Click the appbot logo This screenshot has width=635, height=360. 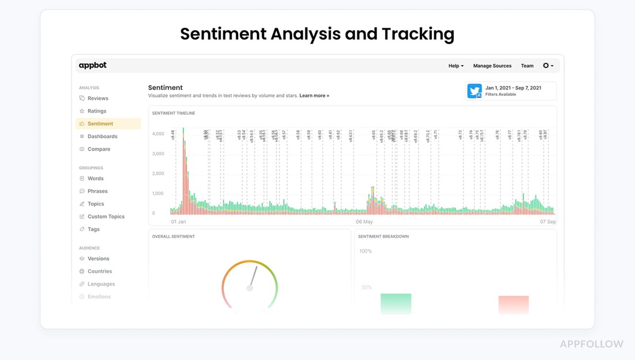[x=92, y=66]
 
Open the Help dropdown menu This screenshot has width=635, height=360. [x=455, y=66]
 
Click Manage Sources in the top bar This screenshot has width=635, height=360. [x=492, y=66]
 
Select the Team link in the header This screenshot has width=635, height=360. [x=527, y=66]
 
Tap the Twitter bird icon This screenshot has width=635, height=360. [x=475, y=91]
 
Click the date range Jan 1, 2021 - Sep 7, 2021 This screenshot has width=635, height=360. [x=513, y=88]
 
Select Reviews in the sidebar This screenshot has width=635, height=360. [x=98, y=98]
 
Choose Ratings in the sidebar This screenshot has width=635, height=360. [x=97, y=111]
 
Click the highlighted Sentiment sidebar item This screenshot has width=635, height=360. [x=100, y=123]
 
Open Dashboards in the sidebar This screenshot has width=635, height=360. [x=102, y=136]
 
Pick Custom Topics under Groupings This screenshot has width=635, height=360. [x=106, y=216]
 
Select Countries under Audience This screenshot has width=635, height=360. [x=100, y=271]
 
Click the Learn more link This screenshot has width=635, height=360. [x=314, y=96]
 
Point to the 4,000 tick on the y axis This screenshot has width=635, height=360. [x=158, y=134]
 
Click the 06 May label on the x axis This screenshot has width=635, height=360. [x=364, y=222]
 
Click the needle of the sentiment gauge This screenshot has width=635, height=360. [x=253, y=276]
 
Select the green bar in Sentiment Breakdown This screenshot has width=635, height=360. [x=396, y=303]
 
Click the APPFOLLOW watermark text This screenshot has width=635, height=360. [x=592, y=344]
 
